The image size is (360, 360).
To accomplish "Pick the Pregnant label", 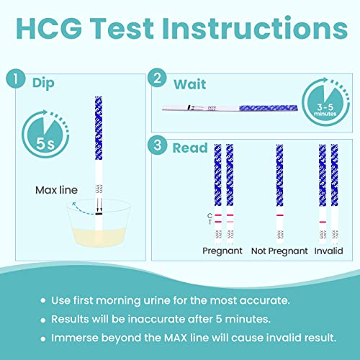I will coord(222,251).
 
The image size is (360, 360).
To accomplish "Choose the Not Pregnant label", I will coord(279,251).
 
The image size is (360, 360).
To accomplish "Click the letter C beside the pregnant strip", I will coord(207,215).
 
